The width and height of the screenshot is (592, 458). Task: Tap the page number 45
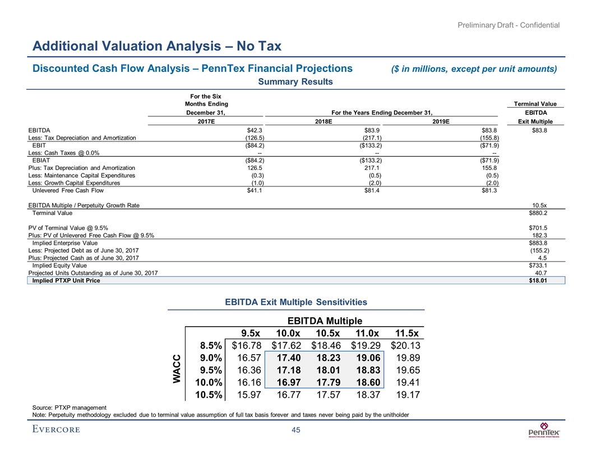pos(295,430)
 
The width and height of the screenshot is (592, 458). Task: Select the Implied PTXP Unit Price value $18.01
pos(538,281)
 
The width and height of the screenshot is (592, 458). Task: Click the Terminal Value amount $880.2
pos(538,214)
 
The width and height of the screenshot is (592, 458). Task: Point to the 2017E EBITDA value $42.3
pos(240,130)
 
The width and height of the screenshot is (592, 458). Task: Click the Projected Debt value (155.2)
pos(539,250)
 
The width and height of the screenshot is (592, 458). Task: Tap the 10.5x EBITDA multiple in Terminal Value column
pos(540,206)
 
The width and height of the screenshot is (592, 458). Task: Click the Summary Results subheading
pos(295,82)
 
